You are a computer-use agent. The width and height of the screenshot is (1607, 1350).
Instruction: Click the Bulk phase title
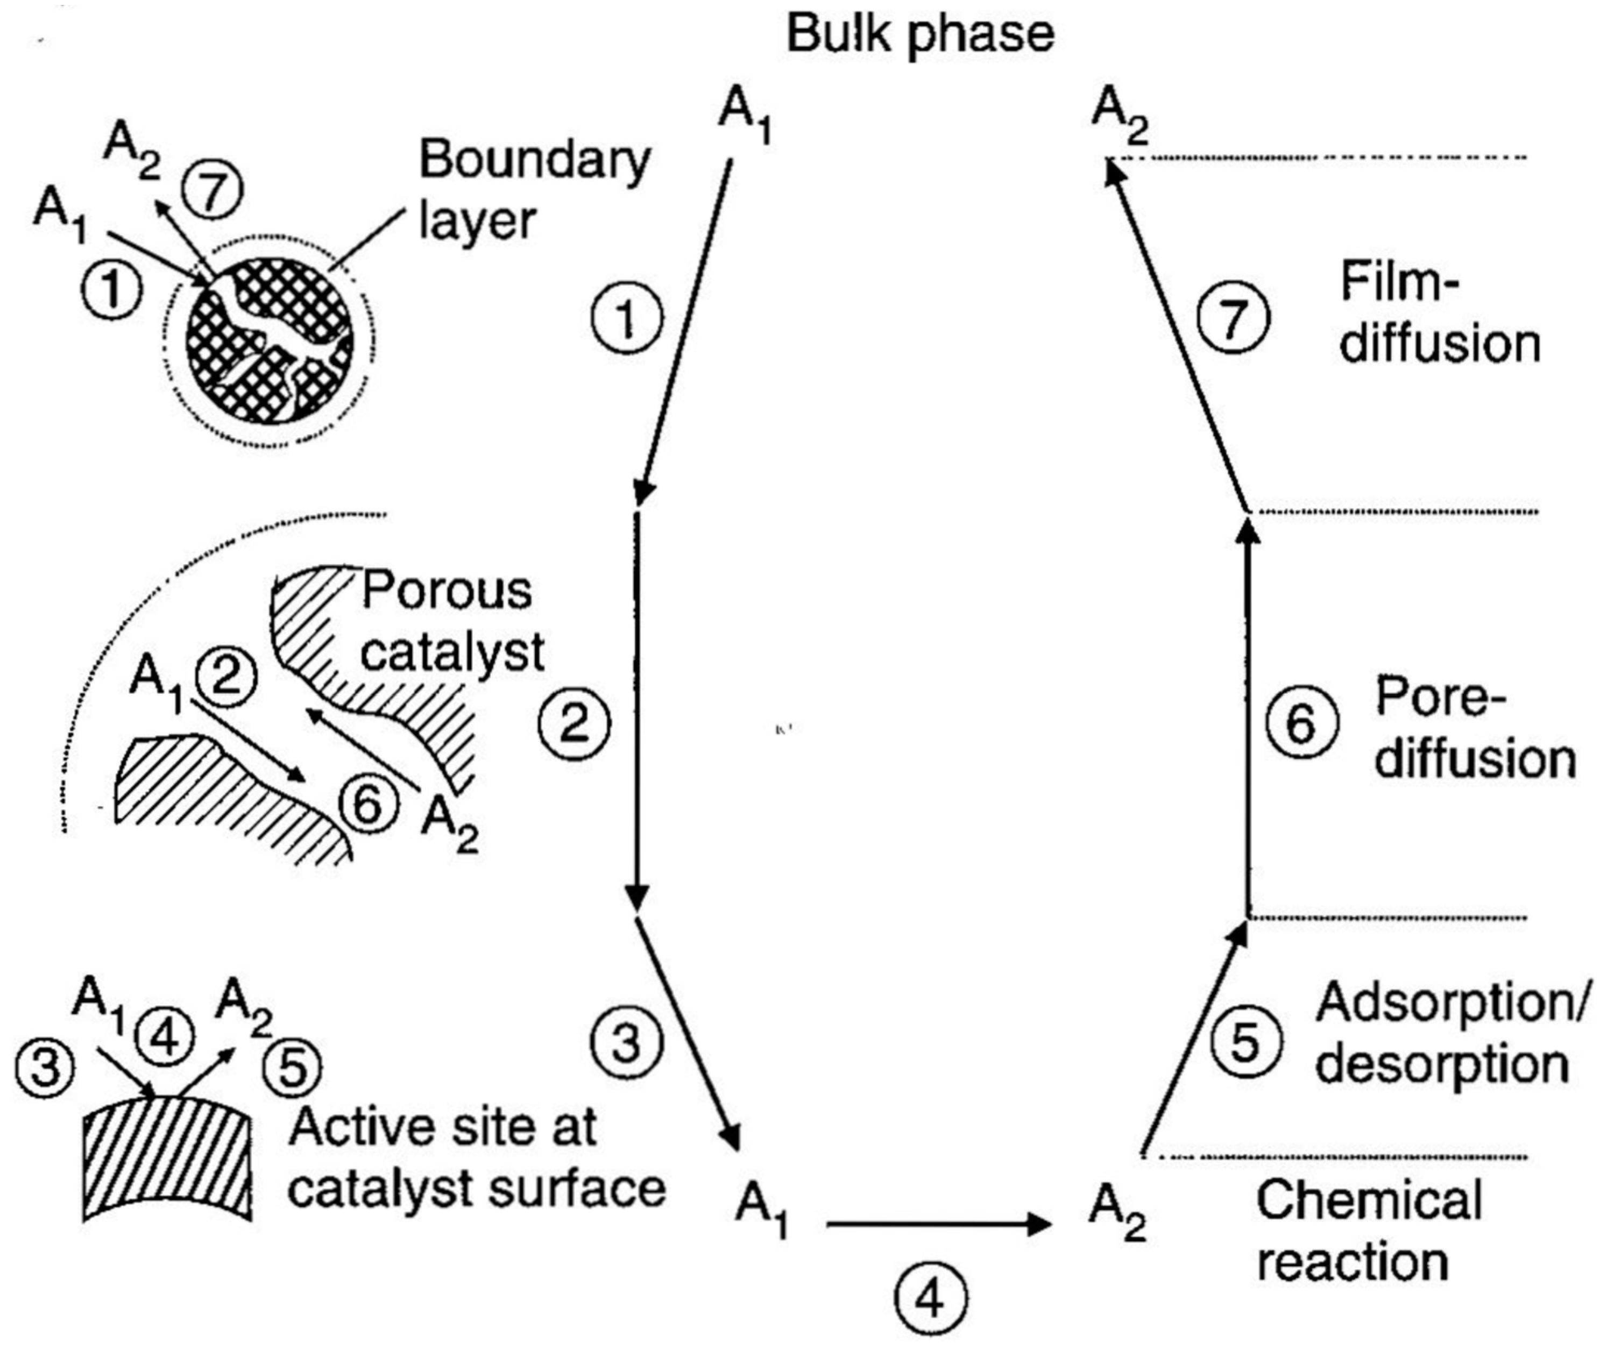tap(921, 34)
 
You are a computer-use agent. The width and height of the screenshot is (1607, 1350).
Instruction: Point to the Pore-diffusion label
tap(1474, 729)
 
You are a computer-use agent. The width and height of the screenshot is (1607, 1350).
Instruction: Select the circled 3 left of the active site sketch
tap(45, 1065)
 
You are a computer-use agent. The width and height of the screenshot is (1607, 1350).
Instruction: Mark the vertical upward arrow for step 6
tap(1249, 720)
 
